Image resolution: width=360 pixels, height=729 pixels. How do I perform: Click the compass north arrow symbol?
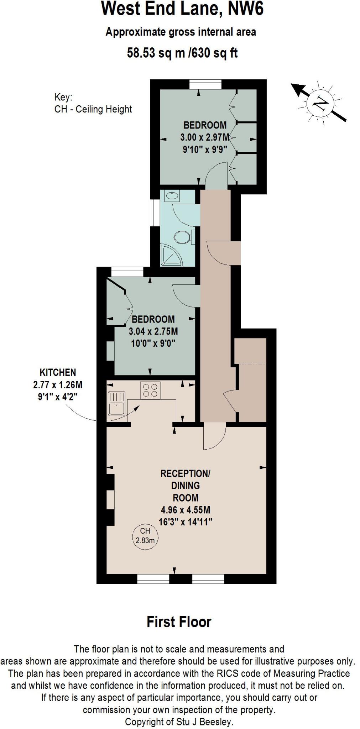[x=319, y=103]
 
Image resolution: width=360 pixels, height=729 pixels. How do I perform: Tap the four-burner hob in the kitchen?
[x=150, y=390]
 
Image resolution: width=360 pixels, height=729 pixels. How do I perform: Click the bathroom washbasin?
[x=172, y=195]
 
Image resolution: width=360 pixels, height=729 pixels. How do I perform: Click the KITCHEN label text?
[x=58, y=372]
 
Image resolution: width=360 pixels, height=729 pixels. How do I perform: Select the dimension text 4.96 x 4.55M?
[x=185, y=510]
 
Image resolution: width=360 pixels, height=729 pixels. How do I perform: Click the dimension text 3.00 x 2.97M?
[x=205, y=137]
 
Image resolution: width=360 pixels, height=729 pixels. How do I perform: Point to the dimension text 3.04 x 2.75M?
[x=153, y=331]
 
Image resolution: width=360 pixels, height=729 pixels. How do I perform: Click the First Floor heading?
[x=179, y=622]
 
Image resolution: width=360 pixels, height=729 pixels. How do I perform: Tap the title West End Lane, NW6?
[x=182, y=9]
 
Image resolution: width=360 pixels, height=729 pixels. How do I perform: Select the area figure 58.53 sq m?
[x=156, y=53]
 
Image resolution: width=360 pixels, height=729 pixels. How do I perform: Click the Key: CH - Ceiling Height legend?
[x=93, y=103]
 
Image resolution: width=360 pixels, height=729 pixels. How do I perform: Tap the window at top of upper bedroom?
[x=205, y=84]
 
